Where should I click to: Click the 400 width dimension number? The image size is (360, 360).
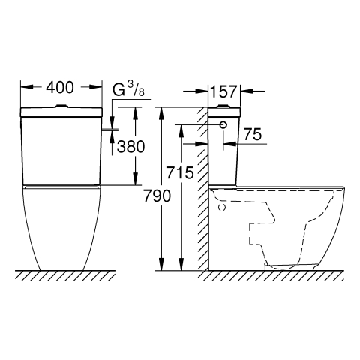[x=60, y=88]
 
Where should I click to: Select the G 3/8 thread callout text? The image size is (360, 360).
[x=128, y=89]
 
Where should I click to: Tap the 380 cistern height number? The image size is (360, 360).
[x=131, y=147]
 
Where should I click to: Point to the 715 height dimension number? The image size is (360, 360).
[x=180, y=172]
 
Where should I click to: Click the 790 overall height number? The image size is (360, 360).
[x=157, y=196]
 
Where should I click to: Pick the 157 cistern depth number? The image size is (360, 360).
[x=223, y=91]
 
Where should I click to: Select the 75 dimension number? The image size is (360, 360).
[x=253, y=134]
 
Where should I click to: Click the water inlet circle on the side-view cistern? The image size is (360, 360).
[x=223, y=124]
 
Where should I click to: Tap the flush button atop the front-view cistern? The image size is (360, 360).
[x=61, y=106]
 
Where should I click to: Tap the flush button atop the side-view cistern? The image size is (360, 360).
[x=223, y=106]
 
